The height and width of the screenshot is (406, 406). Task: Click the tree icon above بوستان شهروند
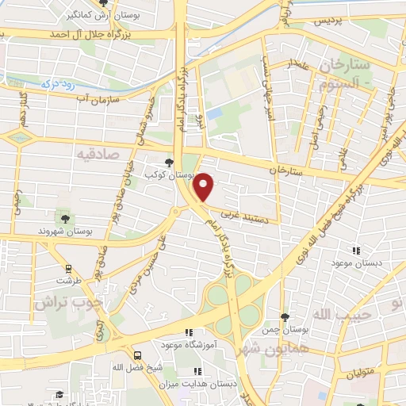65,218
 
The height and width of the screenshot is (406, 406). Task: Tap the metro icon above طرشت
69,268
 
